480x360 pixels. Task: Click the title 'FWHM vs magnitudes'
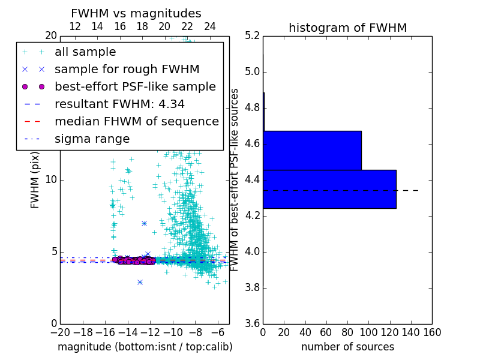pyautogui.click(x=136, y=14)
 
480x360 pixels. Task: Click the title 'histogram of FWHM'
pyautogui.click(x=347, y=28)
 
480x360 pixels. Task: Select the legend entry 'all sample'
pyautogui.click(x=85, y=52)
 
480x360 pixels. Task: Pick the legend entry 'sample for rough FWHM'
pyautogui.click(x=127, y=69)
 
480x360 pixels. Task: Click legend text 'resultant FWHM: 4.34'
pyautogui.click(x=119, y=104)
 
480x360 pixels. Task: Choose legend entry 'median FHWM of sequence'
pyautogui.click(x=136, y=121)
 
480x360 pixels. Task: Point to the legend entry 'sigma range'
pyautogui.click(x=92, y=139)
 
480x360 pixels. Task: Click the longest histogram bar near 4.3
pyautogui.click(x=329, y=189)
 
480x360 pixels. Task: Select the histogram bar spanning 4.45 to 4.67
pyautogui.click(x=312, y=151)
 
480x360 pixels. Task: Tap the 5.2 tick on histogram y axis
pyautogui.click(x=252, y=36)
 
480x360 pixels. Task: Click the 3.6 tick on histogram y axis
pyautogui.click(x=252, y=323)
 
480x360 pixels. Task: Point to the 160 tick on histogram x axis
pyautogui.click(x=432, y=332)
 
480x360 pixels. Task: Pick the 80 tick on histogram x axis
pyautogui.click(x=347, y=332)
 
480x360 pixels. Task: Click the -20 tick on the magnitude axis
pyautogui.click(x=60, y=332)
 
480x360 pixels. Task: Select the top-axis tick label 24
pyautogui.click(x=210, y=26)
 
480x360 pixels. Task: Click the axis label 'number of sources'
pyautogui.click(x=347, y=347)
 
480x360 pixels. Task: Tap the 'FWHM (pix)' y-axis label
pyautogui.click(x=35, y=179)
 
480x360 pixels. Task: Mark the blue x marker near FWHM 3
pyautogui.click(x=140, y=282)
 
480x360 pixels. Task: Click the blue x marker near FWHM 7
pyautogui.click(x=144, y=223)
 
